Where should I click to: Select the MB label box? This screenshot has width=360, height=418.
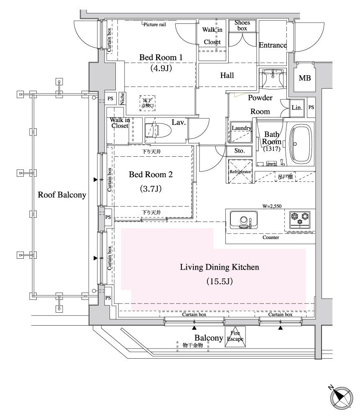(x=304, y=78)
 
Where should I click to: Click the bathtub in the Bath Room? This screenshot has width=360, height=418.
(x=301, y=143)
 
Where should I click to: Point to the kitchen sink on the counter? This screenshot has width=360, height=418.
(x=243, y=220)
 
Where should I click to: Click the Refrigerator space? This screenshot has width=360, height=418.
(x=240, y=171)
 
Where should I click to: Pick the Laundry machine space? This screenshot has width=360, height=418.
(x=241, y=133)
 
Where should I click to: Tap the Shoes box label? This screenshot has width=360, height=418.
(x=242, y=25)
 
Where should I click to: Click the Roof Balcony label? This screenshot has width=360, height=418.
(x=62, y=195)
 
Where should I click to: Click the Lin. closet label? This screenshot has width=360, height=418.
(x=297, y=108)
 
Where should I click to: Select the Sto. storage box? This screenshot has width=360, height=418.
(x=239, y=151)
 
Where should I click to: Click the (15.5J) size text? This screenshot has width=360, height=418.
(x=220, y=281)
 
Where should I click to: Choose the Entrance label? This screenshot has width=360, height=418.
(x=273, y=45)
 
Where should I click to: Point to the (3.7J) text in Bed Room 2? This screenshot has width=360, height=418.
(x=150, y=189)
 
